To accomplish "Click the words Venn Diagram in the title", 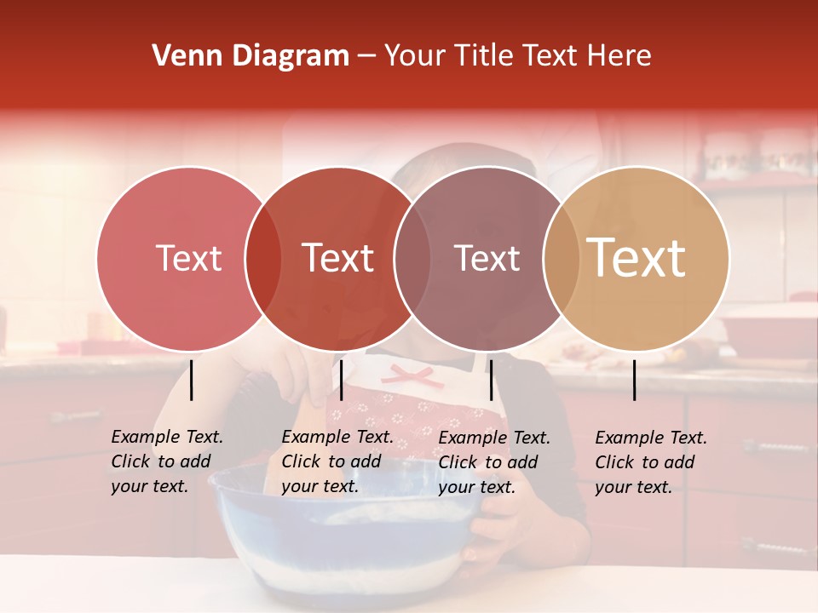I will click(x=251, y=56).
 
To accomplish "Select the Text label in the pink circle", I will click(x=188, y=258).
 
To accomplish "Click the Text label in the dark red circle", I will click(x=338, y=258).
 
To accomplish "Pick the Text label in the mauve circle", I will click(x=487, y=258).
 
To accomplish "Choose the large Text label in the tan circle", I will click(x=637, y=258).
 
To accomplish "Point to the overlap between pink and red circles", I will click(x=263, y=258).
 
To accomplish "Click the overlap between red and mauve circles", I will click(x=412, y=258).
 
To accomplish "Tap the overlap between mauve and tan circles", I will click(x=561, y=258).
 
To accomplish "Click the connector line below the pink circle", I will click(x=192, y=380).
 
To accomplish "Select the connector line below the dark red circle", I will click(x=341, y=380).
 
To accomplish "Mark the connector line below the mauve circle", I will click(x=491, y=380).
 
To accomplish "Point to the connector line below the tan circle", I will click(x=635, y=380).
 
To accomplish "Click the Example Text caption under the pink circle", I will click(x=166, y=461).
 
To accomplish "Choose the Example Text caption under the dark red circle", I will click(x=337, y=461).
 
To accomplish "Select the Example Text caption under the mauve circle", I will click(x=493, y=462).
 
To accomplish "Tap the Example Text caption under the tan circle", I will click(x=650, y=462).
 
